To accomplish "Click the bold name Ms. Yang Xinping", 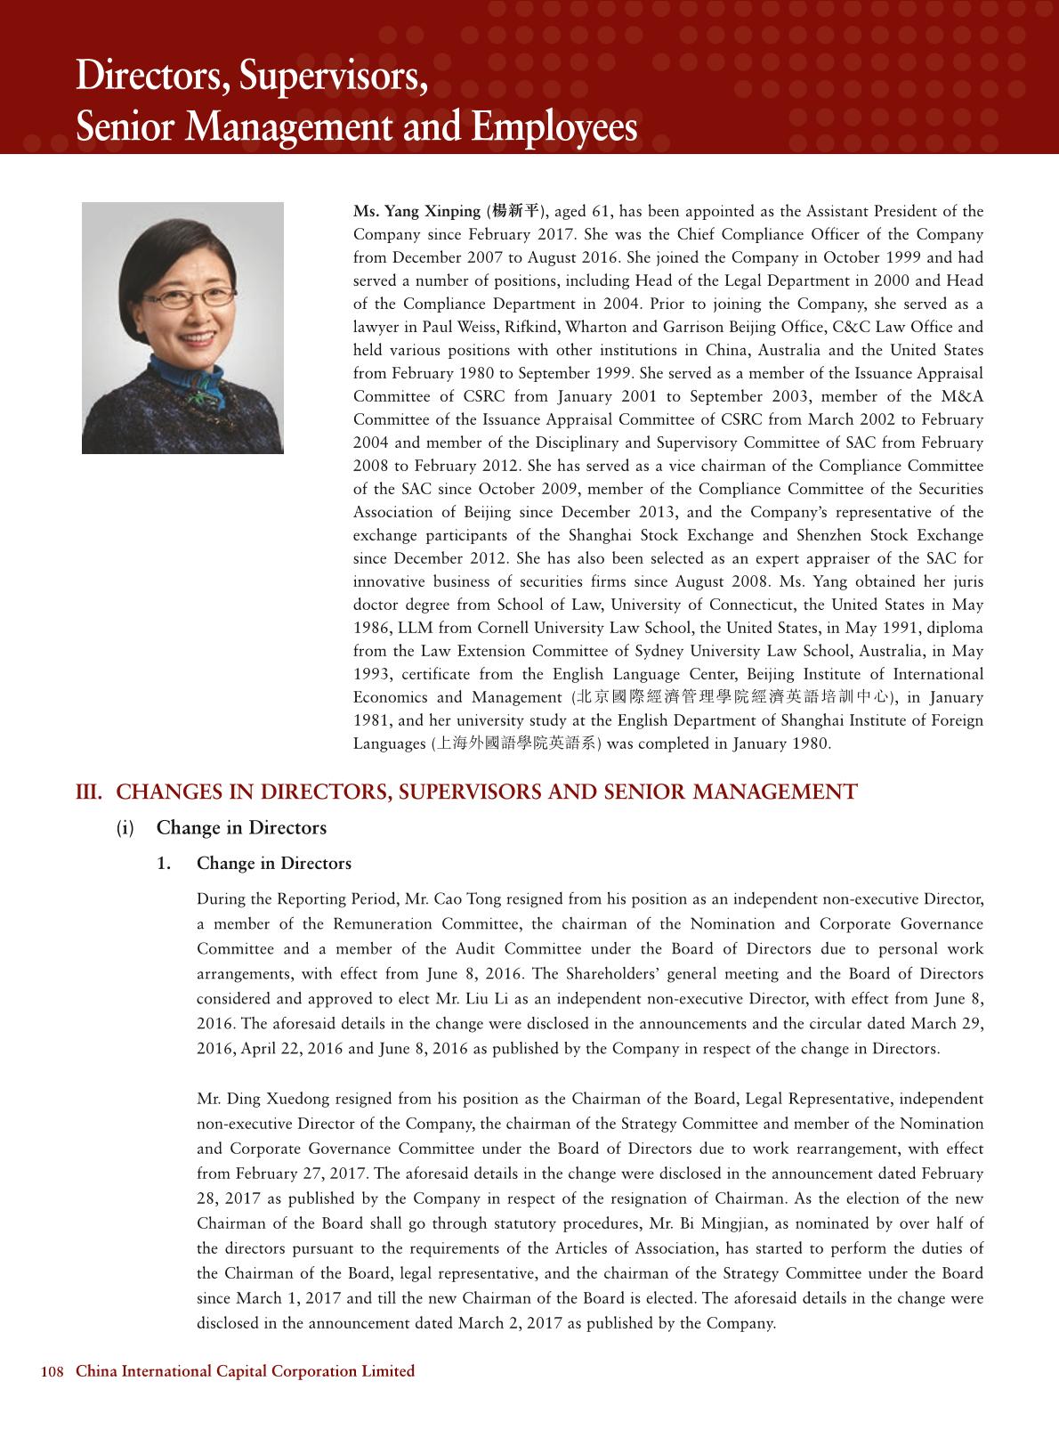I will pyautogui.click(x=416, y=212).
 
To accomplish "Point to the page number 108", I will pyautogui.click(x=53, y=1372).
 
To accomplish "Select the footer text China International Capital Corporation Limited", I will pyautogui.click(x=246, y=1372).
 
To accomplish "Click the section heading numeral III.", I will pyautogui.click(x=89, y=792).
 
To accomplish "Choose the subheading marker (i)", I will pyautogui.click(x=126, y=828).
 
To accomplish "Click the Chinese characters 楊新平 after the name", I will pyautogui.click(x=515, y=212).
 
